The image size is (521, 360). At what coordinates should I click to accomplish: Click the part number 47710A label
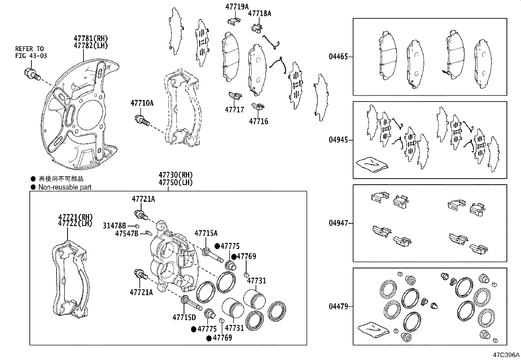point(142,103)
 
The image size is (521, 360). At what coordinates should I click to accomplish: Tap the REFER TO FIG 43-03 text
point(31,52)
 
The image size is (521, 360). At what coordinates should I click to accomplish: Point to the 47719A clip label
point(237,6)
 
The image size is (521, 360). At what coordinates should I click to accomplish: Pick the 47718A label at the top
point(260,13)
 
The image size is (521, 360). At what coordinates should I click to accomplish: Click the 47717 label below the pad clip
point(234,109)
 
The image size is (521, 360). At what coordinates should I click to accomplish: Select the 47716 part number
point(259,122)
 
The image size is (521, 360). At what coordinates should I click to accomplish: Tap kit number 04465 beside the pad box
point(338,57)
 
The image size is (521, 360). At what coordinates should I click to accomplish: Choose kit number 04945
point(338,140)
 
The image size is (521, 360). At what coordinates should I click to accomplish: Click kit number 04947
point(338,223)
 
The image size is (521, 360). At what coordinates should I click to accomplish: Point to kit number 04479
point(338,307)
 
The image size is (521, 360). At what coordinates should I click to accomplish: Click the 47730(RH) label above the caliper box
point(176,175)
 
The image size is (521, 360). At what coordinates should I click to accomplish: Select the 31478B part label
point(115,226)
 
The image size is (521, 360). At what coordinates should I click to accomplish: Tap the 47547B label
point(127,233)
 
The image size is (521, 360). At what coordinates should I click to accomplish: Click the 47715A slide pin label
point(206,233)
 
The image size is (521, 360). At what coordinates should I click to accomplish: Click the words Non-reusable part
point(65,187)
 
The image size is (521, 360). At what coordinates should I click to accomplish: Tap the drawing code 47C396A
point(506,355)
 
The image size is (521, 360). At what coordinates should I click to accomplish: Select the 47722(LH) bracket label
point(76,223)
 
